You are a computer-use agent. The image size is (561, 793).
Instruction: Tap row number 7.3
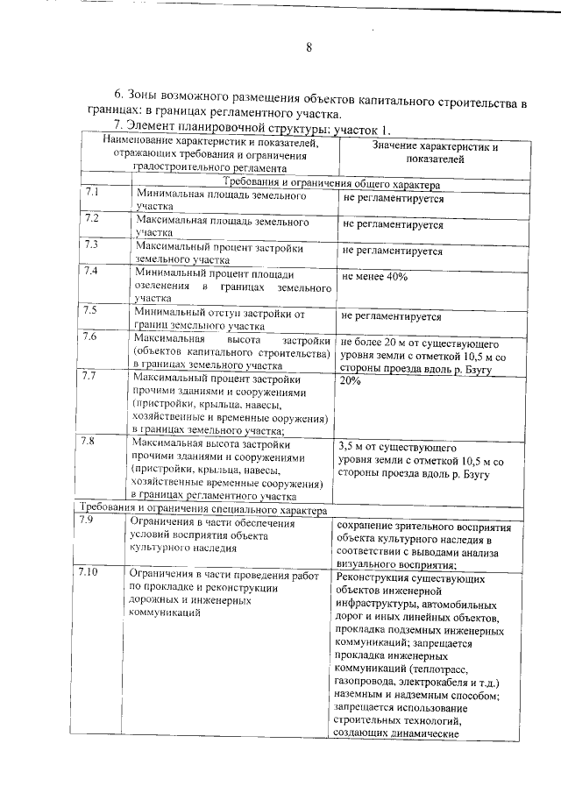pyautogui.click(x=91, y=244)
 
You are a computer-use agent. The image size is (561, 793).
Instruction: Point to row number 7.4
pyautogui.click(x=91, y=271)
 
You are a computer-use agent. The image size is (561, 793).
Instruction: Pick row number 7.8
pyautogui.click(x=91, y=442)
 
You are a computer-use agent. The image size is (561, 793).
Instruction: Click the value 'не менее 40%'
pyautogui.click(x=375, y=277)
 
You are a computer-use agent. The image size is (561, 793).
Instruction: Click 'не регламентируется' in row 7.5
pyautogui.click(x=392, y=316)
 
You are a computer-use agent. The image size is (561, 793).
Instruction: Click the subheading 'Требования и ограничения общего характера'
pyautogui.click(x=324, y=184)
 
